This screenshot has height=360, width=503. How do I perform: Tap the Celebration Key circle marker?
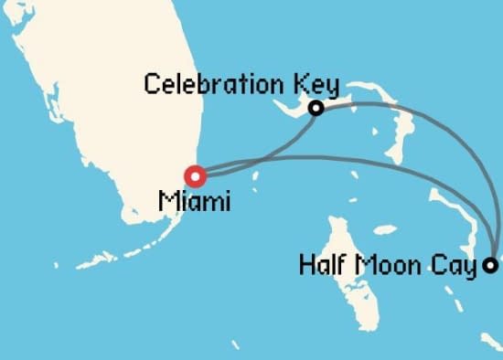(316, 108)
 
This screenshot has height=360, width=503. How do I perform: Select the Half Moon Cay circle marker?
(491, 266)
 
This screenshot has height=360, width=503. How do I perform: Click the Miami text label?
(194, 201)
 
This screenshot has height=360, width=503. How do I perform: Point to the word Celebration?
(216, 86)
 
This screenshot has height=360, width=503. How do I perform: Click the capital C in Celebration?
(152, 86)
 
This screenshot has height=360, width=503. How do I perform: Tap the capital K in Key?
(301, 86)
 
